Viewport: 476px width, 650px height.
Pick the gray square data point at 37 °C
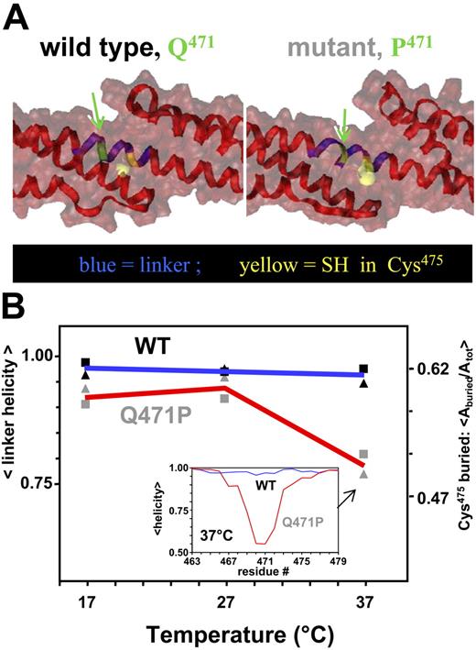tap(363, 454)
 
